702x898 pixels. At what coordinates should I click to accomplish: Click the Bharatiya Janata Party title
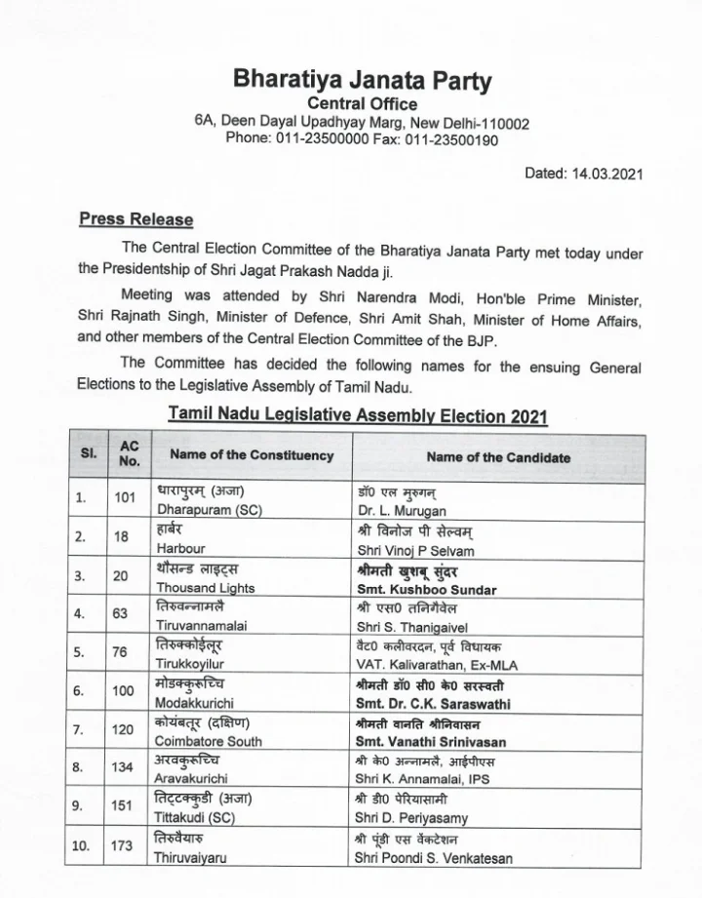coord(362,78)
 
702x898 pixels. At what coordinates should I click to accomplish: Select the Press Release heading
coord(136,219)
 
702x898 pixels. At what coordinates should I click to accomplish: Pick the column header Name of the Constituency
coord(252,455)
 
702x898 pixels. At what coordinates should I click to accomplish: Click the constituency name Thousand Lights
coord(206,588)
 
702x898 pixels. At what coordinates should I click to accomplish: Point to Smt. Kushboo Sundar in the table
coord(427,590)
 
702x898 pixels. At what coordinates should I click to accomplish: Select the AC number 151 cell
coord(124,806)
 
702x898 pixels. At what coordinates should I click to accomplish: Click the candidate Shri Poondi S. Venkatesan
coord(434,858)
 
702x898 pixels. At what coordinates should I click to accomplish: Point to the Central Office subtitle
coord(362,104)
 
